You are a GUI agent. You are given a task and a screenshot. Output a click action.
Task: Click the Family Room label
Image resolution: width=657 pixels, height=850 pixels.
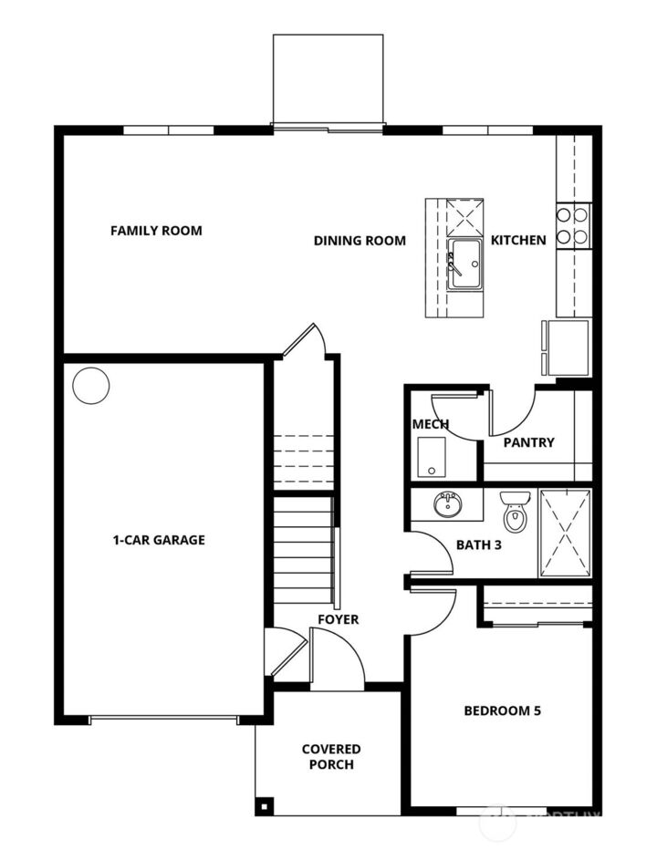[x=156, y=231]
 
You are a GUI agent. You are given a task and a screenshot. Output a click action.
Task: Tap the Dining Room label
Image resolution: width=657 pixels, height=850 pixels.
[x=360, y=241]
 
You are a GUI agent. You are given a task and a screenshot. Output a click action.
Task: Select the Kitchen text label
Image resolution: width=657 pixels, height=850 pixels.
[x=518, y=241]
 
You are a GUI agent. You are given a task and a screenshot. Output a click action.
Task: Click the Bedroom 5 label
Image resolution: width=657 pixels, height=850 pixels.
[x=502, y=710]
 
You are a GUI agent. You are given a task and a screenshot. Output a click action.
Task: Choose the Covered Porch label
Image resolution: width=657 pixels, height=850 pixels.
[x=331, y=756]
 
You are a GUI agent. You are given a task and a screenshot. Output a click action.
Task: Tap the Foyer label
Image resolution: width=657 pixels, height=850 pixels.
[x=338, y=619]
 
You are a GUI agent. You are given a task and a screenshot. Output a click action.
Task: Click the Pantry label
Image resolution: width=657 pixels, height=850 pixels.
[x=528, y=442]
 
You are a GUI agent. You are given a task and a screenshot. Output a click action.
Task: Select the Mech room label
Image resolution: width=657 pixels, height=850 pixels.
[x=430, y=424]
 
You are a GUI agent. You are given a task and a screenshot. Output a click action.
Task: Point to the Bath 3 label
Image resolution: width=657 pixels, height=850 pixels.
[x=478, y=545]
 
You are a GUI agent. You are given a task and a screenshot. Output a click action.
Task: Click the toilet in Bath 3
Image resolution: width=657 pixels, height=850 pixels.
[x=516, y=512]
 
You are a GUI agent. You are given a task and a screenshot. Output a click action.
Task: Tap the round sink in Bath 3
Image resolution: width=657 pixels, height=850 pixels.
[x=447, y=503]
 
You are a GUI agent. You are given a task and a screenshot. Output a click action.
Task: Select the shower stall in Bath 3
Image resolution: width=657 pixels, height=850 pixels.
[x=565, y=533]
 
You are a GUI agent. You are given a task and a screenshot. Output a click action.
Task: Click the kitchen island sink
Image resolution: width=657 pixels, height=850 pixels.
[x=464, y=264]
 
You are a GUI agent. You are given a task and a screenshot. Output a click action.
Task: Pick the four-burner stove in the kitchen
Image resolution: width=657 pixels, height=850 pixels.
[x=573, y=225]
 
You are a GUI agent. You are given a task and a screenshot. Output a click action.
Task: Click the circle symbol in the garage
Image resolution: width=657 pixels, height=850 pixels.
[x=90, y=386]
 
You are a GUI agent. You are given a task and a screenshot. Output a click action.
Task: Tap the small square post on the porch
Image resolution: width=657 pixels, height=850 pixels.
[x=265, y=805]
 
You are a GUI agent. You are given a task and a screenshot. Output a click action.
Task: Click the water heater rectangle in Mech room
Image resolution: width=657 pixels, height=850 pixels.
[x=430, y=458]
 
